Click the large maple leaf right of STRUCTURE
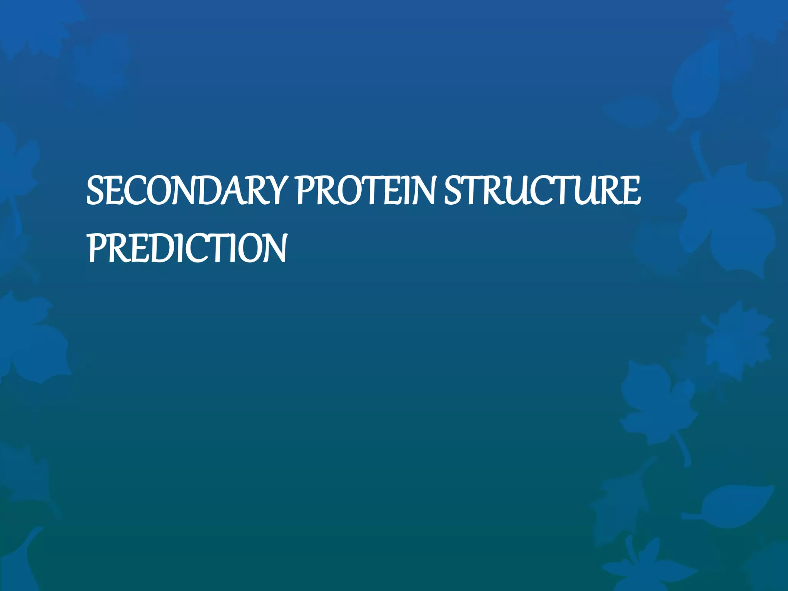point(727,219)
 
